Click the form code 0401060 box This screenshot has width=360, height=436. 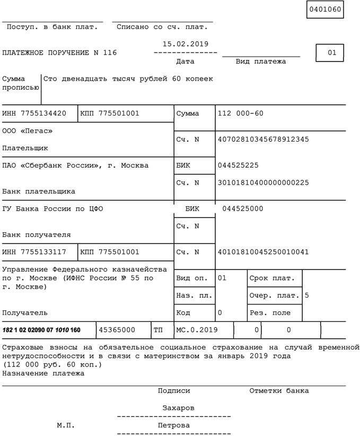coord(324,10)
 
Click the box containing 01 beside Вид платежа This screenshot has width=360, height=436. coord(332,53)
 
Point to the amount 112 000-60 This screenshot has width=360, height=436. coord(240,114)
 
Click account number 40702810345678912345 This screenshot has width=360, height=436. coord(263,139)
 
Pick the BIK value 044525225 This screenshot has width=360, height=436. coord(238,165)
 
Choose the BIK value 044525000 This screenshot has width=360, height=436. coord(242,209)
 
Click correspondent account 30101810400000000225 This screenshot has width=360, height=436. coord(263,183)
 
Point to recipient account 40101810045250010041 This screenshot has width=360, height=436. coord(263,252)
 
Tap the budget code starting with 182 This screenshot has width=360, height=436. coord(41,330)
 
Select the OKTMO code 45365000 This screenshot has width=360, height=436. coord(117,330)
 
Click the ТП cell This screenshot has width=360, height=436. coord(158,330)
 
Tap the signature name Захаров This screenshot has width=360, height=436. coord(178,408)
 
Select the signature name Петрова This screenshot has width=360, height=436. coord(174,425)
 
